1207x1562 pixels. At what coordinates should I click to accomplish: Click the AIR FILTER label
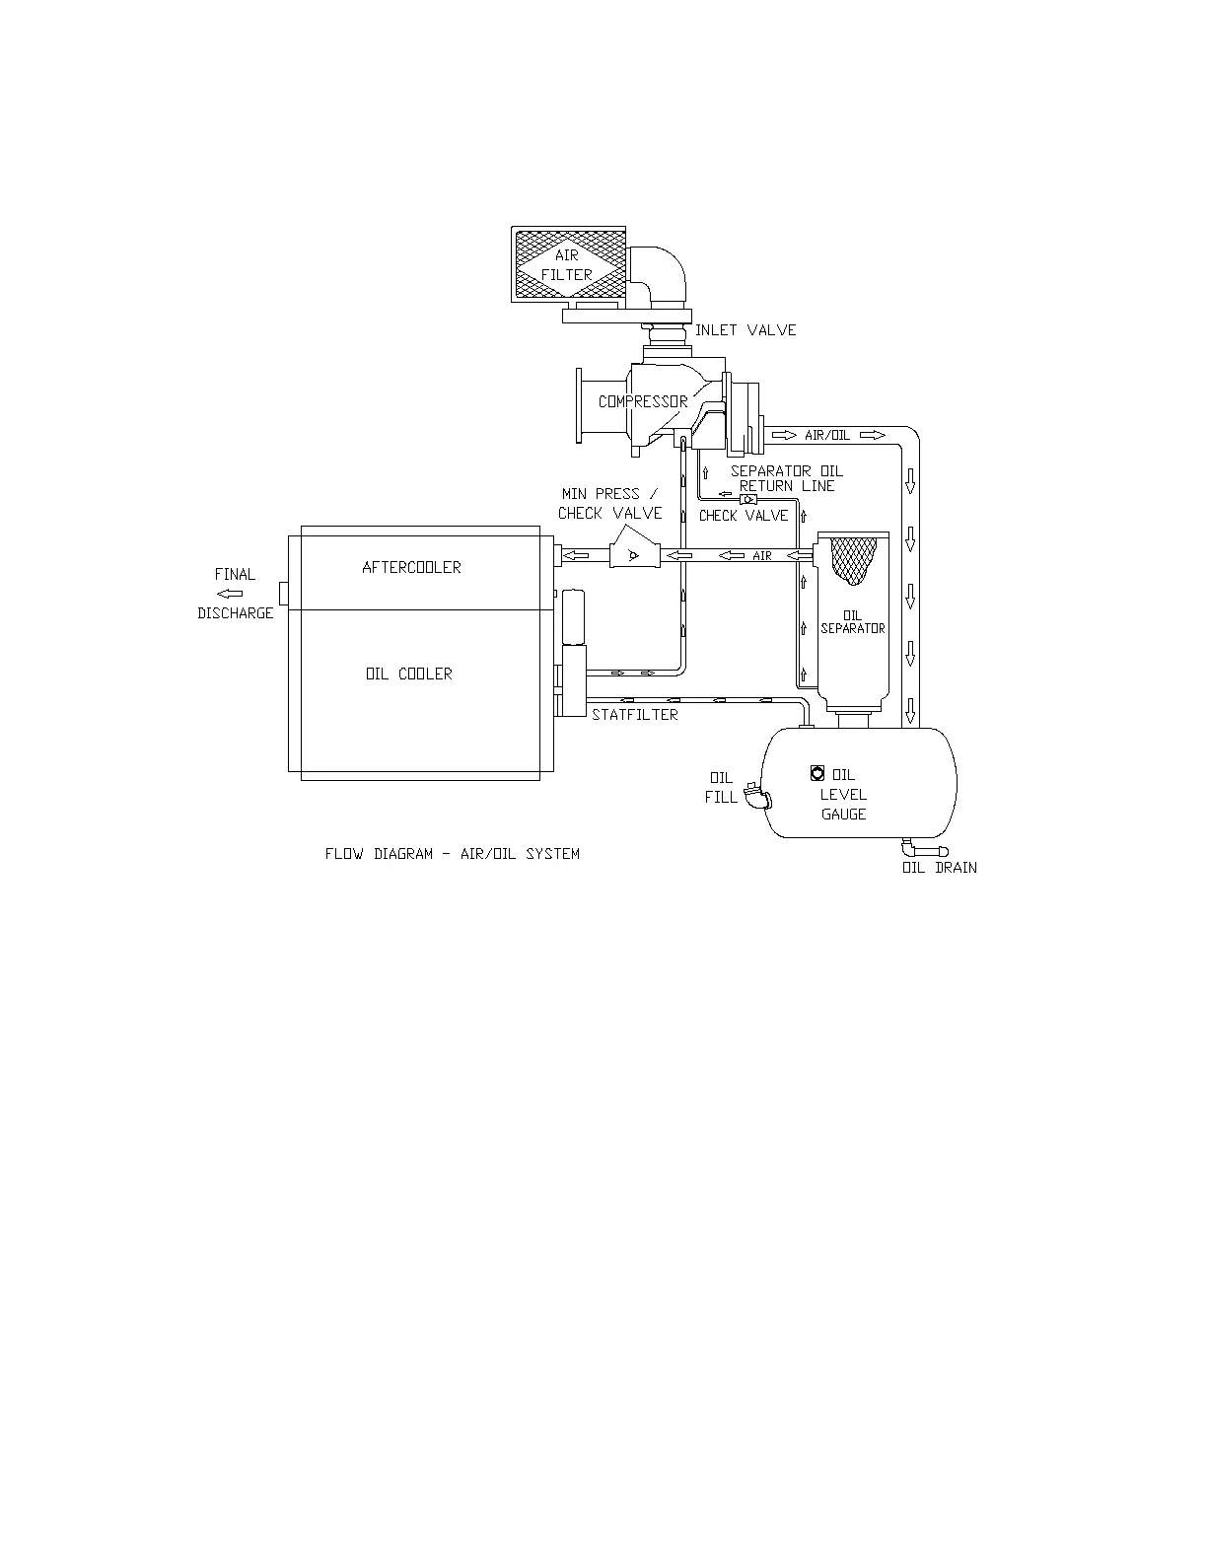[567, 265]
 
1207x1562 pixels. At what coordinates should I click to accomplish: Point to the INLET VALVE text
[745, 330]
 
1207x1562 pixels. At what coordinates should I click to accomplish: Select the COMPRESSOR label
[643, 401]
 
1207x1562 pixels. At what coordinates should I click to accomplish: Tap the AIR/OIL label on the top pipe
[827, 435]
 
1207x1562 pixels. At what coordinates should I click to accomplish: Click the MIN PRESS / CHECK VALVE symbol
[632, 555]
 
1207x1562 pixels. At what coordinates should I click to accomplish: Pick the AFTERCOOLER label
[411, 567]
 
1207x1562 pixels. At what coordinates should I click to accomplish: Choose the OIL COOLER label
[408, 674]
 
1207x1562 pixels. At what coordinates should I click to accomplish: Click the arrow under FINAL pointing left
[231, 594]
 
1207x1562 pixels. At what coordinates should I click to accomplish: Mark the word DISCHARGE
[235, 613]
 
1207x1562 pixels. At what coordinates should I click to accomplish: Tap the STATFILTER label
[635, 714]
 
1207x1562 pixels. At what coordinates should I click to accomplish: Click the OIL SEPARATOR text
[853, 622]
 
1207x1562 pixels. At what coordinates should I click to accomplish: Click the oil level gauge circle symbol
[816, 773]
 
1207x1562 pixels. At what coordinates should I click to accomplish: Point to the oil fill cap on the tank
[753, 795]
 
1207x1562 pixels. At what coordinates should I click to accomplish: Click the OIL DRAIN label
[939, 868]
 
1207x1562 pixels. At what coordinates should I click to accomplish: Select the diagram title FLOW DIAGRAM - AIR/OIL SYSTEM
[452, 854]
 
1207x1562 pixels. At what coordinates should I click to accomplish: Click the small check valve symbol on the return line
[747, 499]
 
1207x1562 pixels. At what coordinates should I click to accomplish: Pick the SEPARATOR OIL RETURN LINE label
[786, 478]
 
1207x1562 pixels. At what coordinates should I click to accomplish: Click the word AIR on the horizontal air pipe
[762, 556]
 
